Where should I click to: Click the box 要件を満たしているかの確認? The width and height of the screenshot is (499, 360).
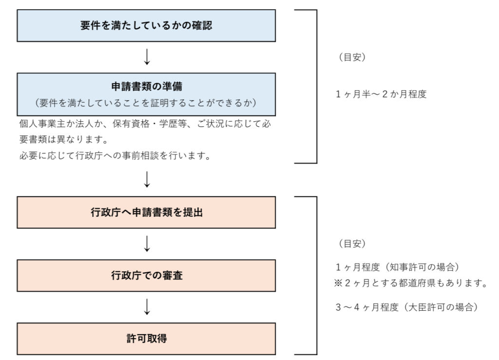coord(146,25)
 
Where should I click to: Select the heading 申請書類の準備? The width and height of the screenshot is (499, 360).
coord(147,86)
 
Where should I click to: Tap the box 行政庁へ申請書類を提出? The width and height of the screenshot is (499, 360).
coord(146,212)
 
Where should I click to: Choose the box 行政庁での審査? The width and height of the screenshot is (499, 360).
coord(146,275)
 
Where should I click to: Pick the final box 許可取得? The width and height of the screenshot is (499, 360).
coord(146,339)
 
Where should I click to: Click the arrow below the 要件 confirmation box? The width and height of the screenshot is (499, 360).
coord(147,57)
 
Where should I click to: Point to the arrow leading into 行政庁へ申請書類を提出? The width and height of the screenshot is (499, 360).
coord(147,179)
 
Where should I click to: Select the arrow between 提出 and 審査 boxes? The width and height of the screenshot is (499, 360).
coord(147,244)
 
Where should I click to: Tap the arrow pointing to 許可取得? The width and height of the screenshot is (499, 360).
coord(147,306)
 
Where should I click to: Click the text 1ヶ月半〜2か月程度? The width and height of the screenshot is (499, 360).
coord(381,94)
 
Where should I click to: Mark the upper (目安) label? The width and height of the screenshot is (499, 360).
coord(352,57)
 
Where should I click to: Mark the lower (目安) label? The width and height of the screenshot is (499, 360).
coord(352,244)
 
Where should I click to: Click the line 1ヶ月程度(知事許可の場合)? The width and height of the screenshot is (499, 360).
coord(398,267)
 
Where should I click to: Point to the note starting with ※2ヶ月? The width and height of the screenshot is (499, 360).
coord(410,283)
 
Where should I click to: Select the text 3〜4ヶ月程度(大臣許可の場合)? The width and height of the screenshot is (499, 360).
coord(407,307)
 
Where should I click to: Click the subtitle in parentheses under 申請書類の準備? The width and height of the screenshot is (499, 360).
coord(146,103)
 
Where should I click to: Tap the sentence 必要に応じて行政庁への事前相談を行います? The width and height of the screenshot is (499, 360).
coord(115,155)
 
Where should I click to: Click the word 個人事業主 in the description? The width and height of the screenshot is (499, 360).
coord(42,124)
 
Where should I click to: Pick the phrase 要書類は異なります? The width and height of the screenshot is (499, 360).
coord(63,139)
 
